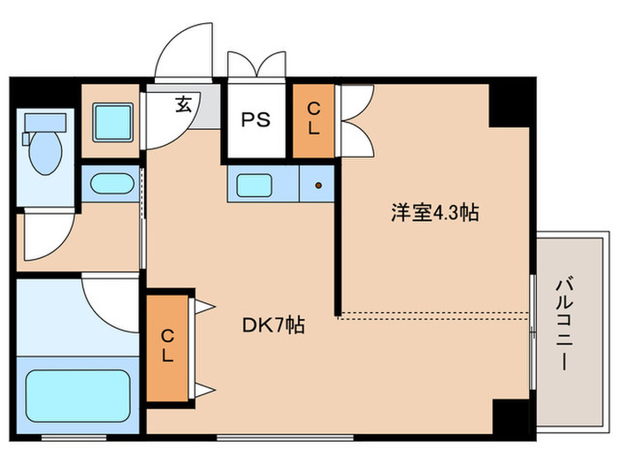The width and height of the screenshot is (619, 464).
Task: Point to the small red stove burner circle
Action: pyautogui.click(x=317, y=186)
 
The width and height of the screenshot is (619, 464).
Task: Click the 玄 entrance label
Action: pyautogui.click(x=183, y=104)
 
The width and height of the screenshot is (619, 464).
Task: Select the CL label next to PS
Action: pyautogui.click(x=314, y=118)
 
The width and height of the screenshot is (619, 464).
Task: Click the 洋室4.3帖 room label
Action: pyautogui.click(x=436, y=212)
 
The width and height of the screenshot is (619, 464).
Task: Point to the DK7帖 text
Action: pyautogui.click(x=274, y=324)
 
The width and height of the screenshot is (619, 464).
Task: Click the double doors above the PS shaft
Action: pyautogui.click(x=256, y=66)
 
